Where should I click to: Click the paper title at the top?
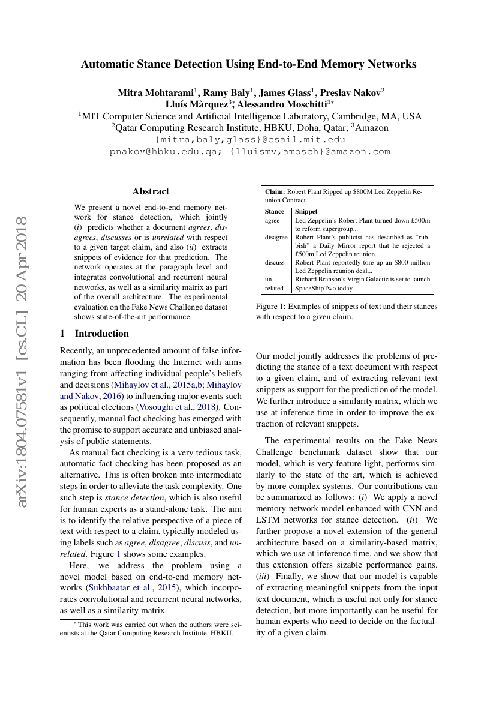tap(248, 64)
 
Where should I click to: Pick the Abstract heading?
tap(151, 191)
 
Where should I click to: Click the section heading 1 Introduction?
tap(95, 334)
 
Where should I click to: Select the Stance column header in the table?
tap(275, 212)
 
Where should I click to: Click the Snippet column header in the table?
tap(306, 212)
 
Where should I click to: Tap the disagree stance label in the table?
tap(276, 237)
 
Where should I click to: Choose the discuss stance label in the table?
tap(275, 262)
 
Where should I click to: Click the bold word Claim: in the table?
tap(275, 191)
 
